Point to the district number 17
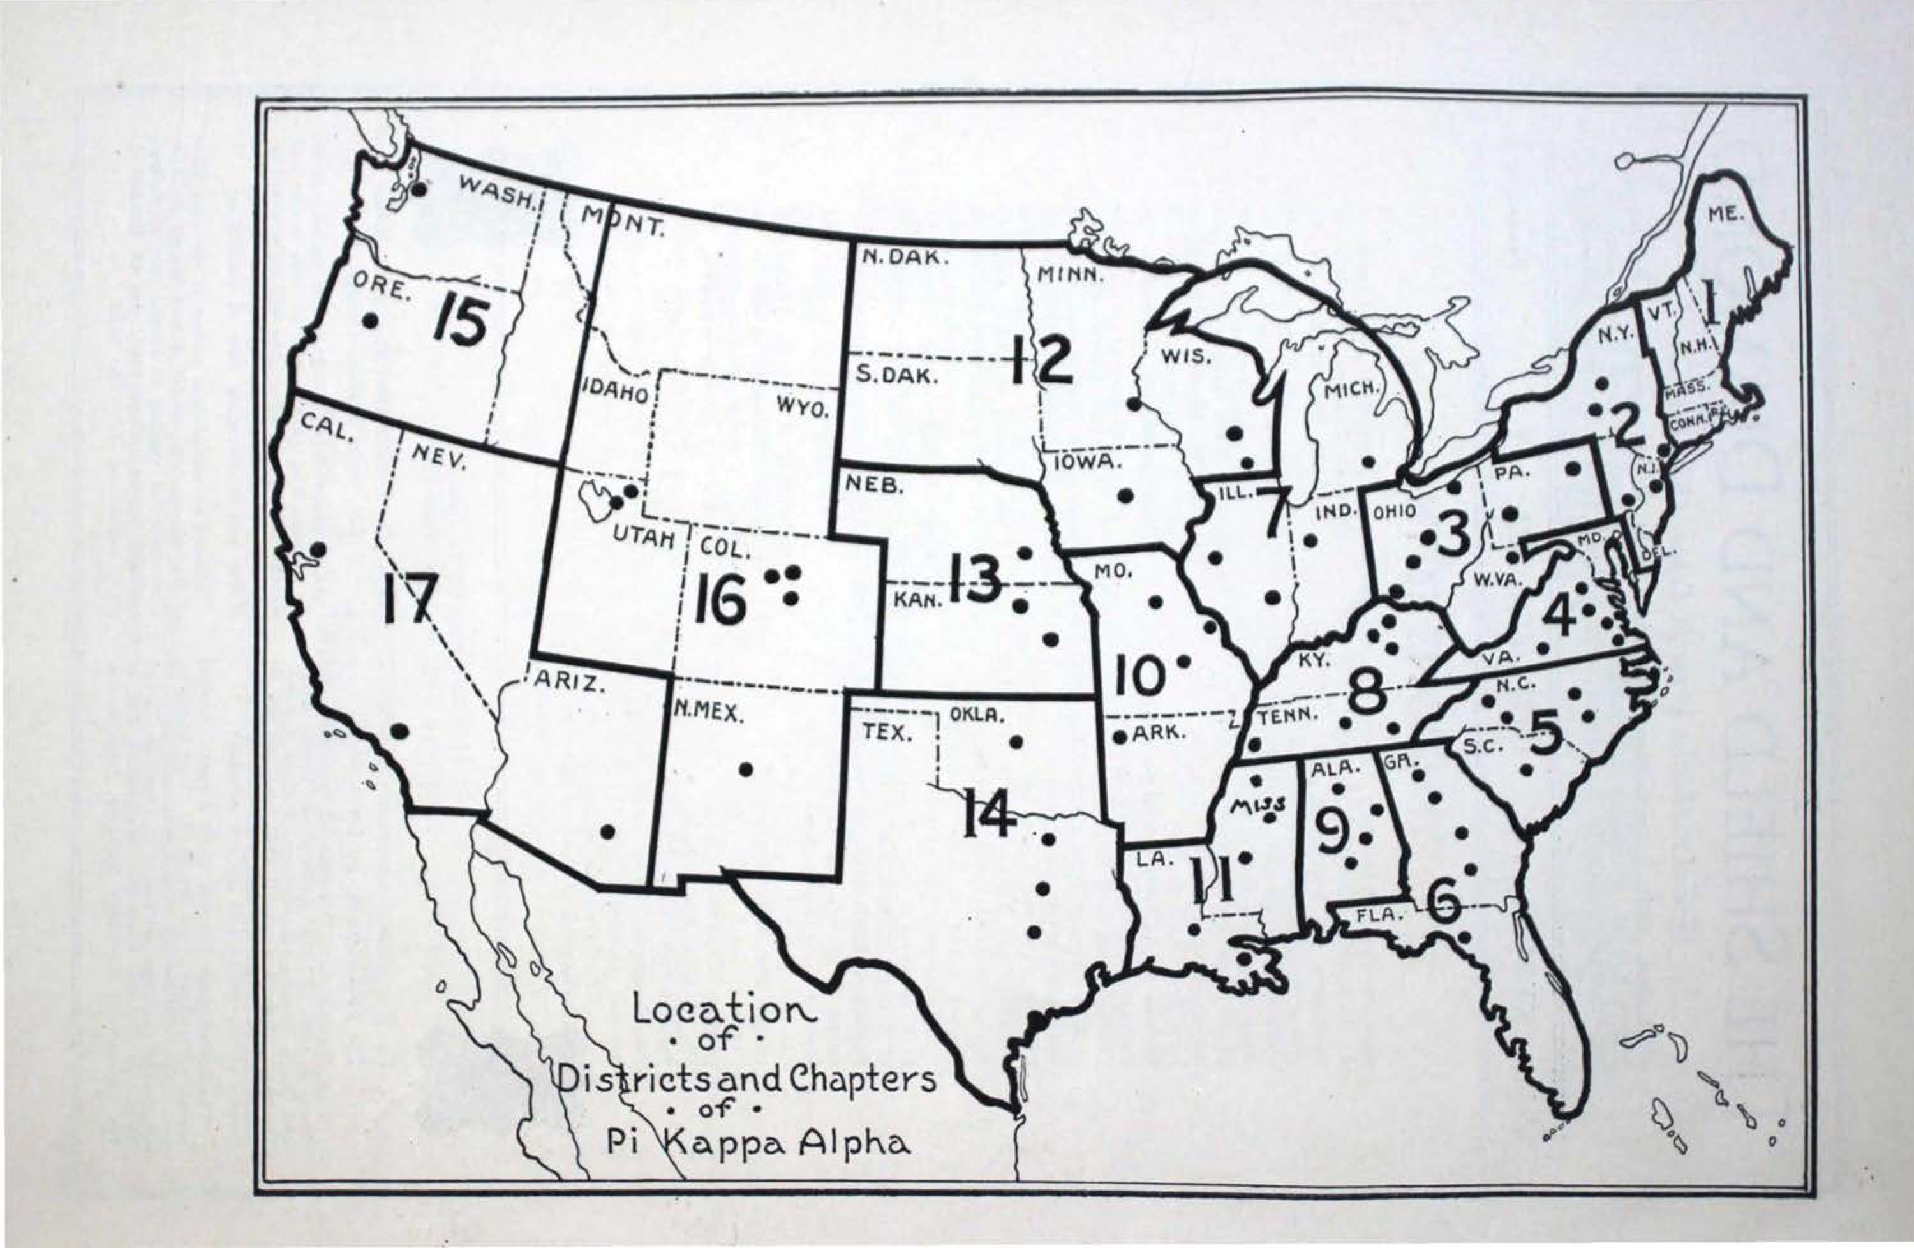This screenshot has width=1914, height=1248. click(410, 599)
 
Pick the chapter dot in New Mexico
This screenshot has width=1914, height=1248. click(745, 769)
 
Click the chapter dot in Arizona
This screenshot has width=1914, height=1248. click(608, 831)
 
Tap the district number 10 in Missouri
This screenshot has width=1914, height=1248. click(1139, 676)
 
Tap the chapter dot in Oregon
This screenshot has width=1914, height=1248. click(370, 320)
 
